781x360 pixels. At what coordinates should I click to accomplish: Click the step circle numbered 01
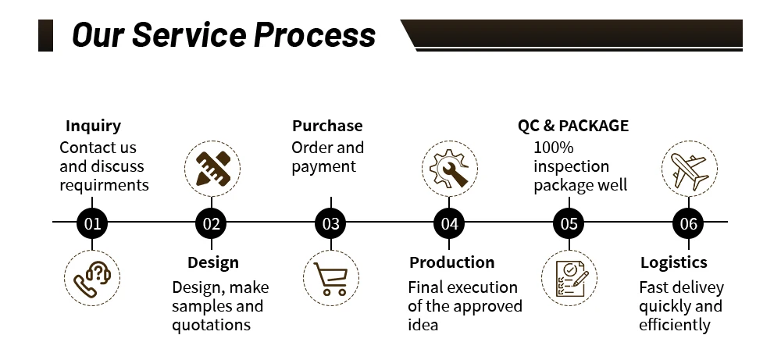[93, 224]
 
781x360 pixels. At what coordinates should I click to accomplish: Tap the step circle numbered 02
[212, 224]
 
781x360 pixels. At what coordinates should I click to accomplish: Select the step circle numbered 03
[331, 224]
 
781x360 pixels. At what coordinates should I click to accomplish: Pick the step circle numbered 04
[449, 224]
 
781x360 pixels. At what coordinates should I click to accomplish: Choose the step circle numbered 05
[569, 224]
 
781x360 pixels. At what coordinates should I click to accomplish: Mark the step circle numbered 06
[688, 224]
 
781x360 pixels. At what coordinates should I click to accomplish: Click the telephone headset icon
[92, 278]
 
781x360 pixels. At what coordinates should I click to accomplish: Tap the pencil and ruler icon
[212, 167]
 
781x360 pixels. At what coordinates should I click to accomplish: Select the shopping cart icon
[331, 278]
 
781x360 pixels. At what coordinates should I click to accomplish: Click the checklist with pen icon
[569, 278]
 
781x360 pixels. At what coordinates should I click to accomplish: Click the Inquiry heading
[93, 126]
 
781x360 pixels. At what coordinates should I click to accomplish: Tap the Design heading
[213, 262]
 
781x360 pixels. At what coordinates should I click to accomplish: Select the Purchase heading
[327, 126]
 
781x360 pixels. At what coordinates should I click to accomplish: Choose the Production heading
[451, 262]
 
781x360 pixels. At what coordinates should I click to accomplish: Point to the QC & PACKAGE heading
[572, 126]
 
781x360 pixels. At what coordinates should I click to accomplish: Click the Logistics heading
[673, 262]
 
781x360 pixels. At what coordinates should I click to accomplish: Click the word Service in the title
[193, 35]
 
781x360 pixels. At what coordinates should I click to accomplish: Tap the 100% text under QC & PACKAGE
[553, 148]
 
